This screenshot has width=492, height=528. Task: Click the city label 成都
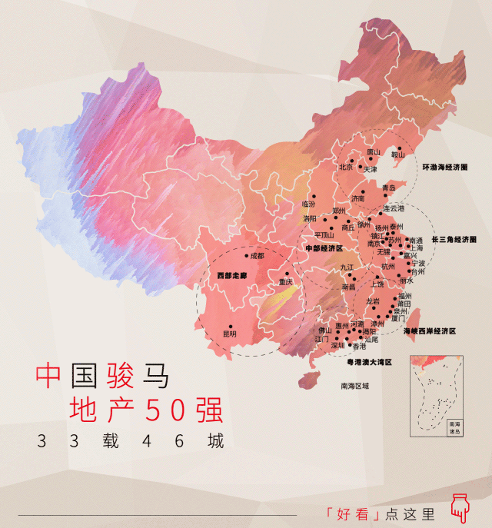pos(256,255)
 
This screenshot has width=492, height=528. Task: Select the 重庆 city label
pos(286,282)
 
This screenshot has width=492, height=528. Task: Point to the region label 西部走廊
pos(231,275)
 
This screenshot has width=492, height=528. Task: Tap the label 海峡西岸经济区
pos(430,330)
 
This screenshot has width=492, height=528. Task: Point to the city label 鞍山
pos(397,154)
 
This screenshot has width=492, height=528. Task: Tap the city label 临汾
pos(309,204)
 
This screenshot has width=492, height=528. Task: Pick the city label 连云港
pos(394,208)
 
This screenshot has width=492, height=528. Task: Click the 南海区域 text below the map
pos(354,385)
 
